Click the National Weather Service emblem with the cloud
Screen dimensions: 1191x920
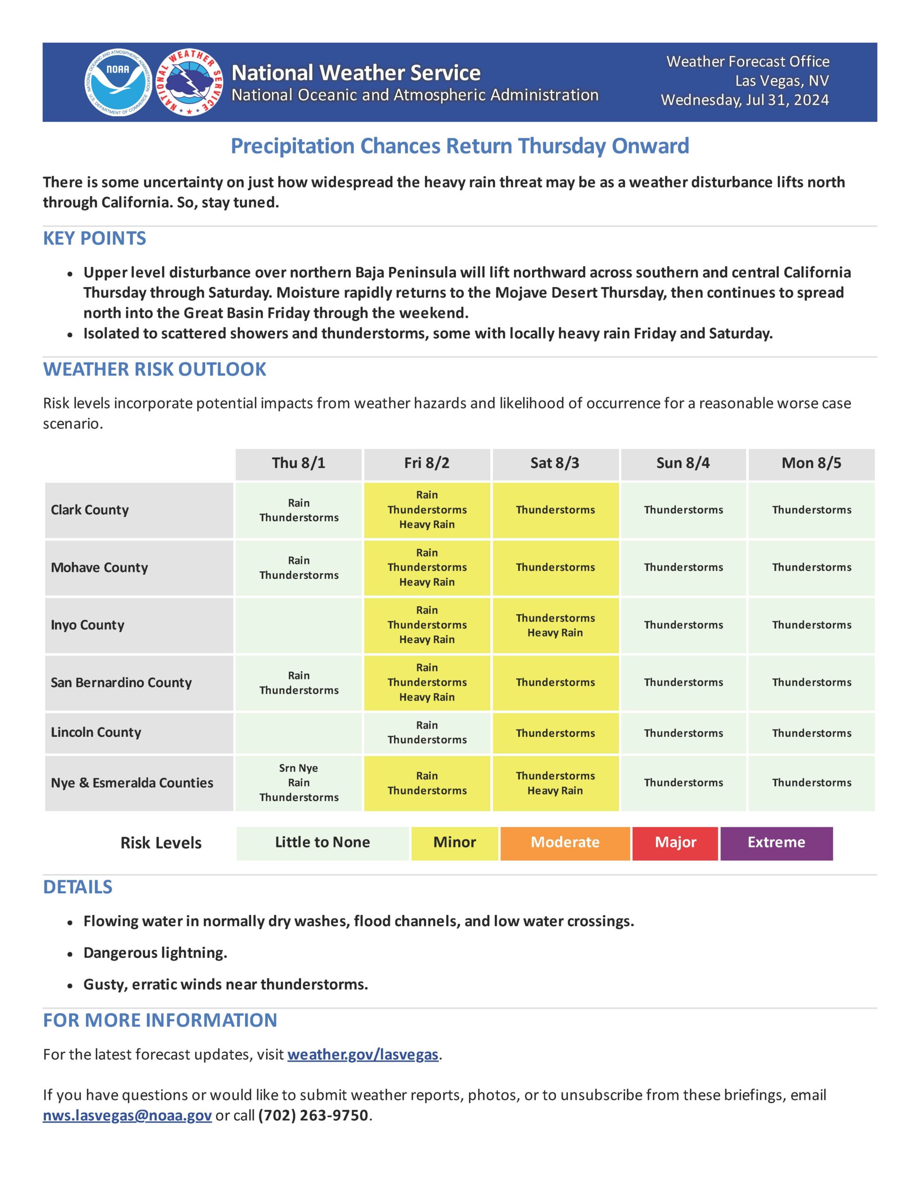click(x=190, y=83)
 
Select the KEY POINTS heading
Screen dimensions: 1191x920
click(x=94, y=238)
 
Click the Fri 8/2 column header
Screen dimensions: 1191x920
click(x=427, y=463)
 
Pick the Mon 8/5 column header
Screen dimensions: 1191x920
click(x=811, y=463)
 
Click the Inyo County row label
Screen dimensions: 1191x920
click(x=87, y=625)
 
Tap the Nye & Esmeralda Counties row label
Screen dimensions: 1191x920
click(x=132, y=783)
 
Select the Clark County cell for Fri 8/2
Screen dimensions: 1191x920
click(x=427, y=510)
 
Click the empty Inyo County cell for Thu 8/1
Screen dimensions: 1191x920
click(x=298, y=625)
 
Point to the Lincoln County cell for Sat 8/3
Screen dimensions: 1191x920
click(x=555, y=733)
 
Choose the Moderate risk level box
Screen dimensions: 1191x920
click(x=565, y=843)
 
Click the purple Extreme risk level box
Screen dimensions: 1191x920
click(x=776, y=843)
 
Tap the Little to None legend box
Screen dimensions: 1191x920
click(x=322, y=843)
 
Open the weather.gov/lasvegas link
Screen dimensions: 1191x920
click(x=363, y=1055)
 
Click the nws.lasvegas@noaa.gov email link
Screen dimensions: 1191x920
click(x=127, y=1116)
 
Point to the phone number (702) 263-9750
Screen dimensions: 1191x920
click(x=313, y=1116)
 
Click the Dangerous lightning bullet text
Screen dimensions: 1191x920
click(x=155, y=953)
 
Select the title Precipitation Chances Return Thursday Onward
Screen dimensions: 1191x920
click(x=460, y=146)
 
